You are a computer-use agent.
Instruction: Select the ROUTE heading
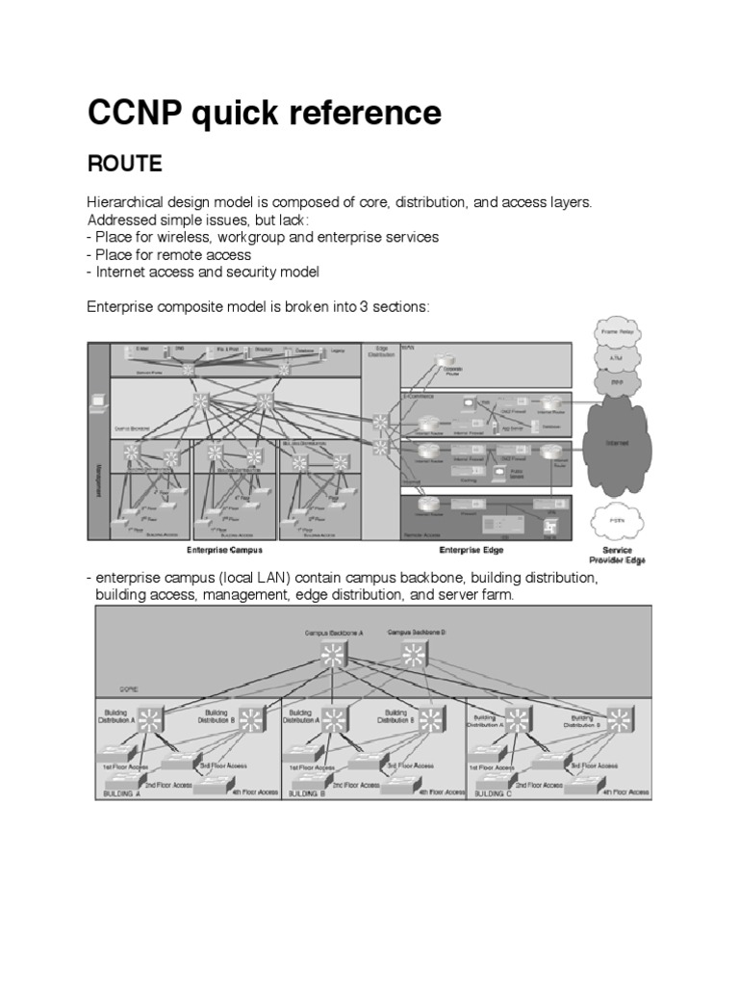[x=125, y=165]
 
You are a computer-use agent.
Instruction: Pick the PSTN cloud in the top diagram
[x=617, y=519]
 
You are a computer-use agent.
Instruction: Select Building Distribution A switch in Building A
[x=150, y=718]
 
